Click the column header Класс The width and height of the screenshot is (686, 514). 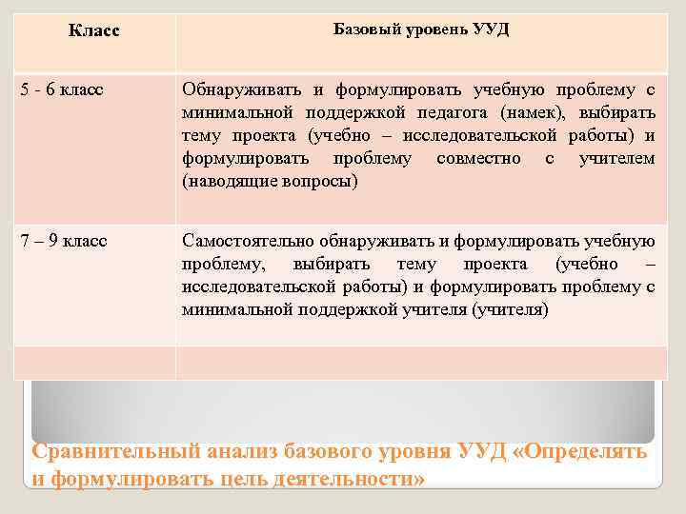pos(94,31)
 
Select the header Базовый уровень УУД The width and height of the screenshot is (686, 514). pos(421,29)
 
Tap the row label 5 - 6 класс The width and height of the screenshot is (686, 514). pos(62,90)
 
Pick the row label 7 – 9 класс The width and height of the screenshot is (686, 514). pos(63,240)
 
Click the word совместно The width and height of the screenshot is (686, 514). pos(478,159)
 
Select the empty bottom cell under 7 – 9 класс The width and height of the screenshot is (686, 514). pos(93,362)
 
